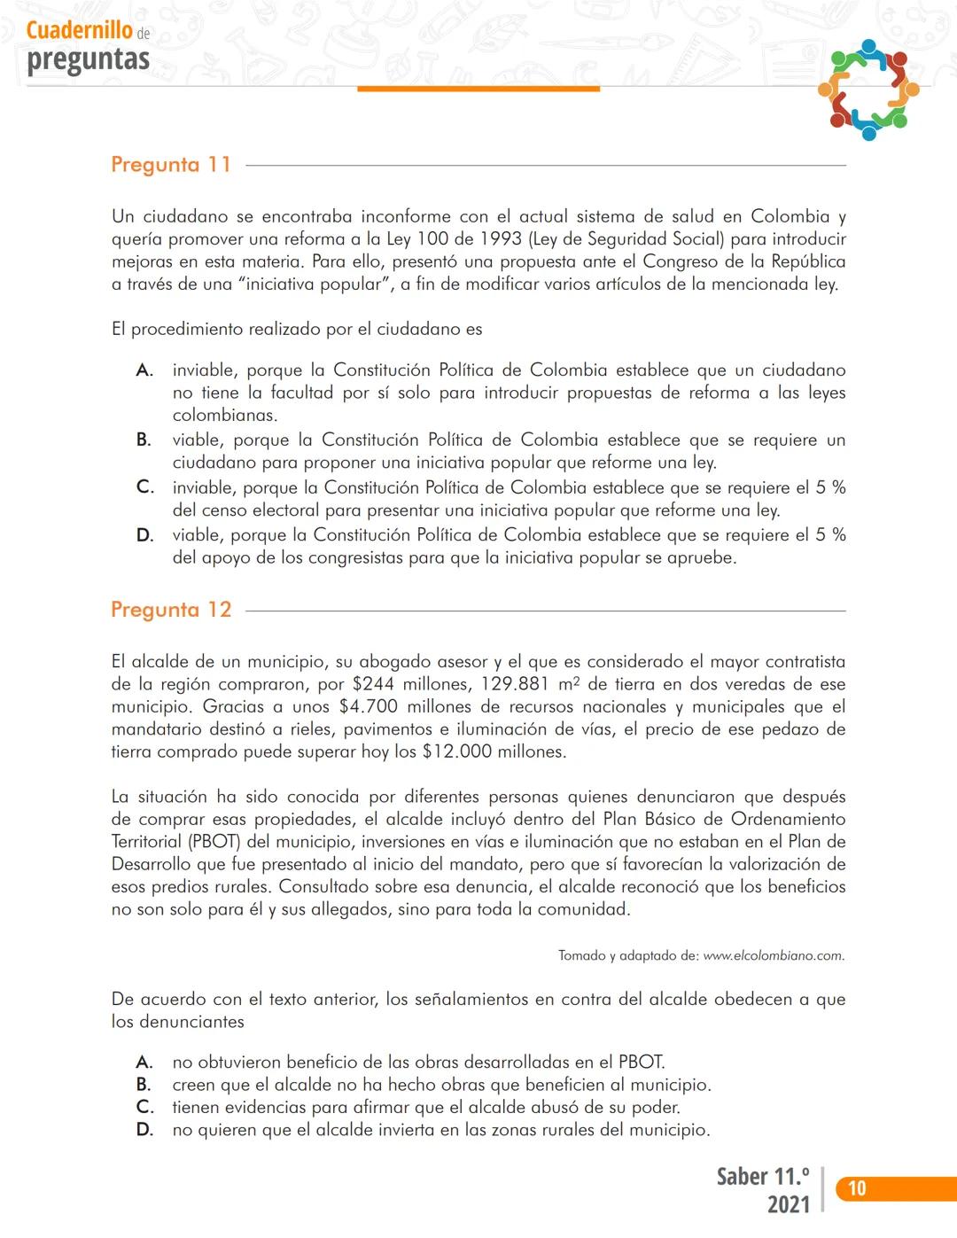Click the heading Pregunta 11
click(x=171, y=165)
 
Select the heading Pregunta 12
click(x=171, y=610)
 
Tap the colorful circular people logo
click(x=868, y=90)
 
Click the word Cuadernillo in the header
click(x=80, y=30)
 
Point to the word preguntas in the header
click(x=88, y=59)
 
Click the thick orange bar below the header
click(x=478, y=89)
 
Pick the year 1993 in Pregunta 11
click(x=501, y=239)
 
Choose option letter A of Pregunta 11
click(x=144, y=370)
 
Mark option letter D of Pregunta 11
click(x=144, y=535)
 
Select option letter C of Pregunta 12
click(x=144, y=1107)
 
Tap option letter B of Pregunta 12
click(x=144, y=1085)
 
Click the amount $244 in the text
click(x=373, y=684)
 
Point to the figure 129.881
click(x=515, y=684)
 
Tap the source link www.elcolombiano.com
click(x=774, y=955)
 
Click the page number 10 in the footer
click(x=857, y=1188)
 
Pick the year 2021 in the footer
click(x=788, y=1204)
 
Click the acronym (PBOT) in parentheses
click(x=214, y=842)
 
